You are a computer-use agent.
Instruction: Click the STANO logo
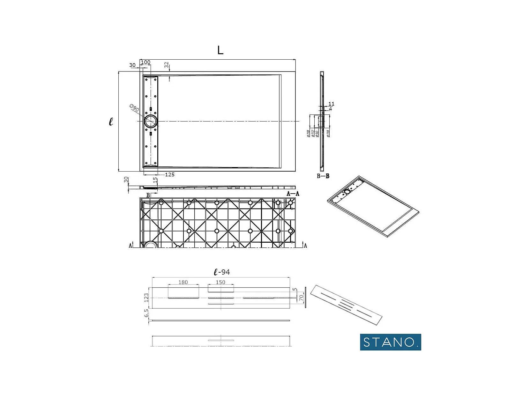pyautogui.click(x=390, y=342)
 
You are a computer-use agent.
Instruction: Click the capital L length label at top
pyautogui.click(x=220, y=50)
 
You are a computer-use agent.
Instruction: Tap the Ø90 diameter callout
pyautogui.click(x=134, y=108)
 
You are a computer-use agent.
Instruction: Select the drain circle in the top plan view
pyautogui.click(x=151, y=121)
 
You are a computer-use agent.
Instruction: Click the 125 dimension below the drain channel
pyautogui.click(x=170, y=175)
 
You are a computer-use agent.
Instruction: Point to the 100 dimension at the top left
pyautogui.click(x=146, y=62)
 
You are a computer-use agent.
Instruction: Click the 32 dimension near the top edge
pyautogui.click(x=166, y=65)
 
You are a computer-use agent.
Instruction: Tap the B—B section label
pyautogui.click(x=323, y=176)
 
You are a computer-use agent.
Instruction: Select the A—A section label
pyautogui.click(x=293, y=194)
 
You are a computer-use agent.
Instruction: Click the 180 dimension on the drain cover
pyautogui.click(x=183, y=283)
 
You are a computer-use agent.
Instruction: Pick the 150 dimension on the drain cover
pyautogui.click(x=220, y=283)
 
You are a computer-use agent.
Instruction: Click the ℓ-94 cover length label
pyautogui.click(x=222, y=272)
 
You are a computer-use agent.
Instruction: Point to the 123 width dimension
pyautogui.click(x=146, y=298)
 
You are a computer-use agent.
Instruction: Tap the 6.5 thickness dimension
pyautogui.click(x=146, y=313)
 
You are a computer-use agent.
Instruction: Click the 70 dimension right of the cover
pyautogui.click(x=301, y=298)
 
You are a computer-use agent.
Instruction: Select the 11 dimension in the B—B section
pyautogui.click(x=331, y=104)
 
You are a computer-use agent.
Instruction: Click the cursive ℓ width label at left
pyautogui.click(x=111, y=121)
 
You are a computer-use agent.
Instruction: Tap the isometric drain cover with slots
pyautogui.click(x=346, y=305)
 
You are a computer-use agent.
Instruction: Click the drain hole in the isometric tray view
pyautogui.click(x=347, y=192)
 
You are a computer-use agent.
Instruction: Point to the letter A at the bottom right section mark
pyautogui.click(x=305, y=246)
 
